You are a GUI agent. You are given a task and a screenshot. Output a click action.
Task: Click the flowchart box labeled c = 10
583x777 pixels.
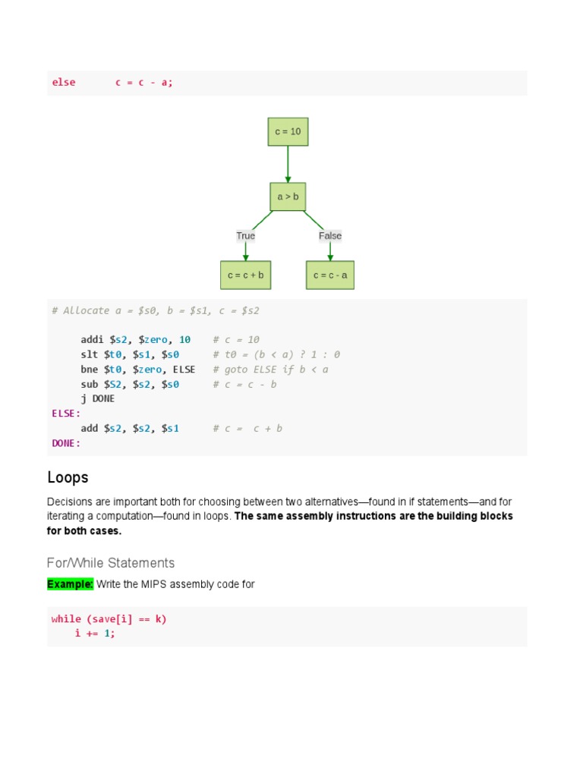288,131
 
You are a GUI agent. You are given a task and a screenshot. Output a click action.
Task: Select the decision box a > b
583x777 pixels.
288,197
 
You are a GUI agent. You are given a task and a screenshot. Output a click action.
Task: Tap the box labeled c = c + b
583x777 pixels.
245,275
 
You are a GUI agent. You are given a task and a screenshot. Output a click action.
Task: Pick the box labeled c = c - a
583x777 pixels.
330,275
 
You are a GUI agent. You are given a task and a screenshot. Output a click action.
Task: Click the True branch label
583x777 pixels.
245,236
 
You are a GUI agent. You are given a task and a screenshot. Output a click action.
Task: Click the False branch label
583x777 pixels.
330,236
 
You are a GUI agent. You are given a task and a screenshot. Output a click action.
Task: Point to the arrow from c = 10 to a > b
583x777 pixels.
288,164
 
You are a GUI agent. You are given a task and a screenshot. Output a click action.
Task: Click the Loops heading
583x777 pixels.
68,477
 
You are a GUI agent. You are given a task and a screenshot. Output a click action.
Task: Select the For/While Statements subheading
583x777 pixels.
111,563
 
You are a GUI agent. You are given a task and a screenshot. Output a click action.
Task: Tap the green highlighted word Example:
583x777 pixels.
70,584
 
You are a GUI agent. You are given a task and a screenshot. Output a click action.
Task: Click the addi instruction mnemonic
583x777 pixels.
93,340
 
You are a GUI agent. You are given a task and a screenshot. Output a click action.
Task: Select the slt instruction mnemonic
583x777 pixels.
90,354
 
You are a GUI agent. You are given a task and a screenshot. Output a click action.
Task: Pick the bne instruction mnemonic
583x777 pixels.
90,370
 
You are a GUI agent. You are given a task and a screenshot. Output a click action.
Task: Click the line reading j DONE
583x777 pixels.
98,398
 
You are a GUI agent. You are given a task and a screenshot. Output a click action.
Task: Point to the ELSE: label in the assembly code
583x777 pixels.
66,414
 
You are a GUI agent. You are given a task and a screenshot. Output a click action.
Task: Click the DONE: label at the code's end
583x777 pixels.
66,443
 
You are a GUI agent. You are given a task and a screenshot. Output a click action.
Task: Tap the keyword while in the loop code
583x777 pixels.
66,619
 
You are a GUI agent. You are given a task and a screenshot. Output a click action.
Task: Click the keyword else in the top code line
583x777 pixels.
64,83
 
